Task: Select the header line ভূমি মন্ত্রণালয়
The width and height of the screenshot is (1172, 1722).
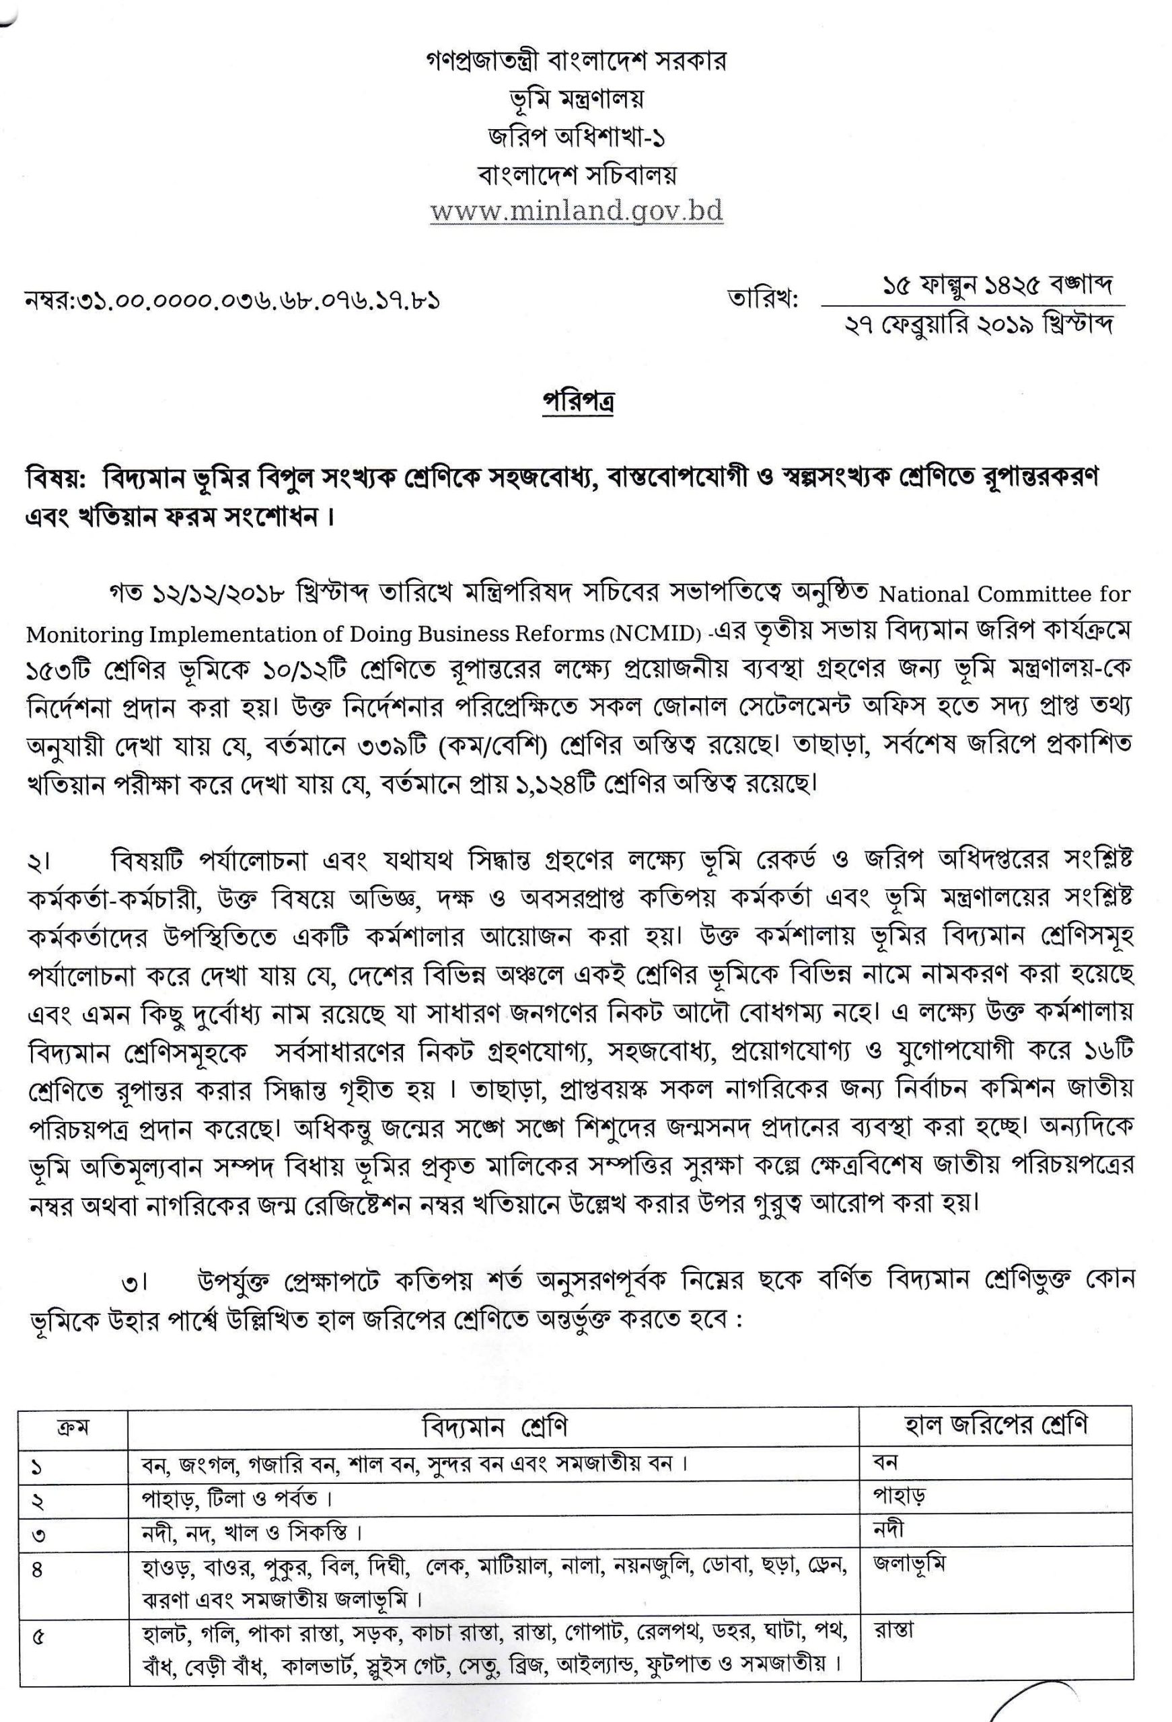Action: [x=576, y=98]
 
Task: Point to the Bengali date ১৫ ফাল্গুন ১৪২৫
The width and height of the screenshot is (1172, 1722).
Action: [x=956, y=285]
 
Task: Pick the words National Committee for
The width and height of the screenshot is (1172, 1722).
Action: [x=1004, y=594]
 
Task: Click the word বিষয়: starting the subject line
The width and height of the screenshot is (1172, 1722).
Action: [x=57, y=478]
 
